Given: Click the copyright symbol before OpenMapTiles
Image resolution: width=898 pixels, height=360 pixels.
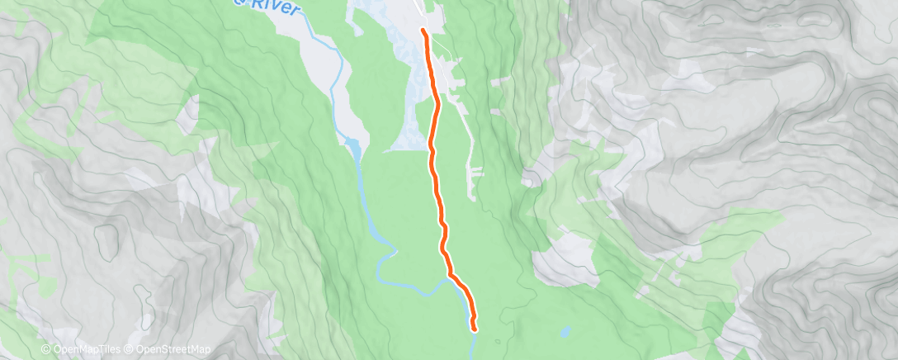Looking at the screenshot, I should click(x=46, y=349).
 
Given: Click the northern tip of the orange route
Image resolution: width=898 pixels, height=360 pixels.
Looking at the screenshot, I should click(x=423, y=31).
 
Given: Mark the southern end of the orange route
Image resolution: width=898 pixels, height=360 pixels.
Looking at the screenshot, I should click(x=475, y=329).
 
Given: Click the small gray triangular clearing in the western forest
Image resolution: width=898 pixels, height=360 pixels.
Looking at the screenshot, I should click(x=191, y=107).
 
